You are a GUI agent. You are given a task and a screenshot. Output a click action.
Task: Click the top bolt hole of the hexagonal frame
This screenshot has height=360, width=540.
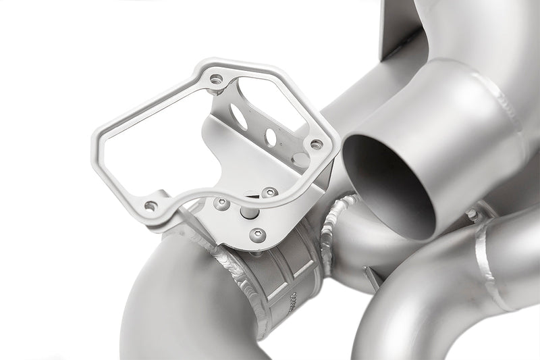coord(216,79)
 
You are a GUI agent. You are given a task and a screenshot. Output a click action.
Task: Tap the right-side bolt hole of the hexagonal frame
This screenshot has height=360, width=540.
coord(316,144)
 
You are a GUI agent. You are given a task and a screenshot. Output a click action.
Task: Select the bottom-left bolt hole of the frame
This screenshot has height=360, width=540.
coord(151,205)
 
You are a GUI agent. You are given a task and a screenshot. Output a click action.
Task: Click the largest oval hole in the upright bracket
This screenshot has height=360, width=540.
coord(238,115)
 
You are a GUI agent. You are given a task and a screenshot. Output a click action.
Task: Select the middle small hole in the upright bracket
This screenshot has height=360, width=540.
coord(271,137)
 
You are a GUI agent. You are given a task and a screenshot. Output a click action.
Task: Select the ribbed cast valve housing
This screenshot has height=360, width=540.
coord(283,274)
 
